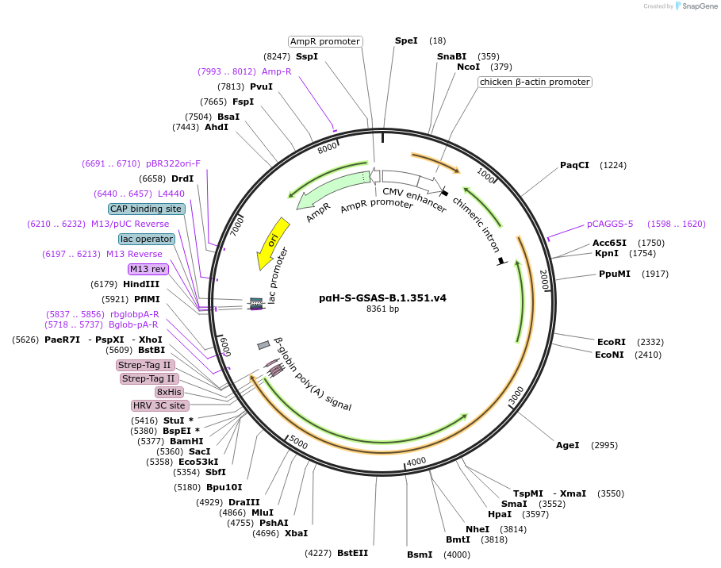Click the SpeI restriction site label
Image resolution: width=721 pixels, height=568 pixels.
(x=406, y=40)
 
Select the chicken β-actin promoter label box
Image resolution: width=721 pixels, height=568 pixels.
(x=535, y=82)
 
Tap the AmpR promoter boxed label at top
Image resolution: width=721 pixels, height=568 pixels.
(x=325, y=41)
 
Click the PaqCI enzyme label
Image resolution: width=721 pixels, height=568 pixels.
(x=575, y=165)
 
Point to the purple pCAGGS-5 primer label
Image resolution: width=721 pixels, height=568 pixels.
(x=610, y=224)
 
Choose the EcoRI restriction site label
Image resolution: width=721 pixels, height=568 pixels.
(x=612, y=342)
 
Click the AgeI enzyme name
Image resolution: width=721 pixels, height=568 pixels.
(x=568, y=445)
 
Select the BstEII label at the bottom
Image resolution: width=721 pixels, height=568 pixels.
(x=352, y=553)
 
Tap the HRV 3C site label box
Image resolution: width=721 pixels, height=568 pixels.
(x=159, y=405)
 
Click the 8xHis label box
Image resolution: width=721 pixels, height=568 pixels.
(x=170, y=392)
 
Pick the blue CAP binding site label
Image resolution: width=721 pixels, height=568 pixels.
(x=146, y=209)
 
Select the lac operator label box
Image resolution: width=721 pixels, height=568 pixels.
(x=146, y=239)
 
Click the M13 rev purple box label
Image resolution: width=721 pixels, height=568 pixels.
(x=148, y=269)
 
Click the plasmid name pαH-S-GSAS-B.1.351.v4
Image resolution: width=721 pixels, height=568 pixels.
(x=382, y=298)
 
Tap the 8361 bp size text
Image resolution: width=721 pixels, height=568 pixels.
(x=382, y=309)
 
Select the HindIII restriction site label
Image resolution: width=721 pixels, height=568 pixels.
(x=141, y=284)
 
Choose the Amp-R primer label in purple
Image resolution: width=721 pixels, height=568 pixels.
(x=277, y=71)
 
